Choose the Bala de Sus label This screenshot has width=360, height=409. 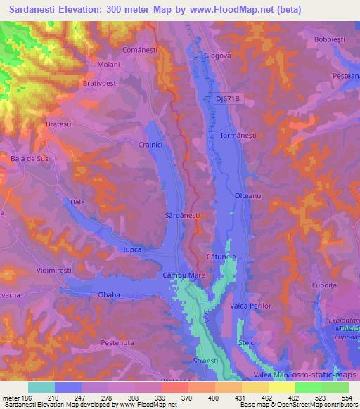[30, 159]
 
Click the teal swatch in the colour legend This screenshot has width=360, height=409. [41, 387]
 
